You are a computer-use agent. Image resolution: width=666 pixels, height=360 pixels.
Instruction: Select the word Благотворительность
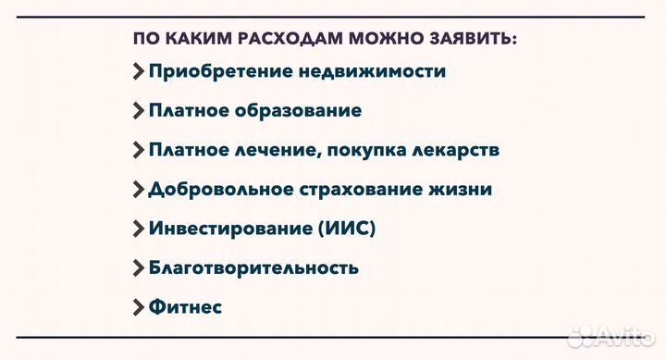(x=253, y=268)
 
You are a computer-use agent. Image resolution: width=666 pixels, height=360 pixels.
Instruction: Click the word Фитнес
(x=185, y=307)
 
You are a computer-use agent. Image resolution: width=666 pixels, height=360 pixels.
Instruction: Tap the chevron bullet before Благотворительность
(x=139, y=268)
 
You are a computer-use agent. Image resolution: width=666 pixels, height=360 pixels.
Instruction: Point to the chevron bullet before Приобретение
(x=139, y=71)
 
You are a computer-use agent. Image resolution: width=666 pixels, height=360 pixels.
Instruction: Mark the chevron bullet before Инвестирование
(x=139, y=229)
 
